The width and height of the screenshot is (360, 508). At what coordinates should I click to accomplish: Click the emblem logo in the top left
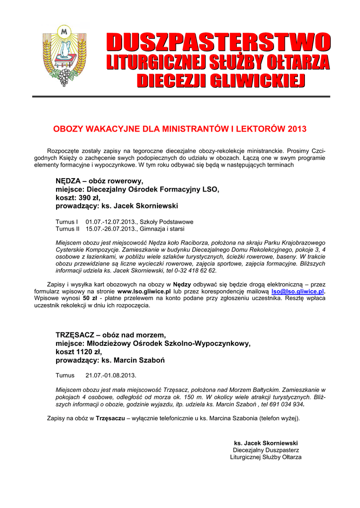(x=64, y=55)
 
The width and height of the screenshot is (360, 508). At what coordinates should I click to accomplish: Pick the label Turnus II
(x=68, y=229)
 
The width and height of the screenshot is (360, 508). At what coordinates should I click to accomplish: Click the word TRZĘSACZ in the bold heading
(x=77, y=335)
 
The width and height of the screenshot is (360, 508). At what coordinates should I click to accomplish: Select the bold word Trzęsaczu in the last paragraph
(x=110, y=418)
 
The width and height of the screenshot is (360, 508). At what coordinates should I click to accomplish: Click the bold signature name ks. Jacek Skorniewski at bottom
(x=266, y=443)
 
